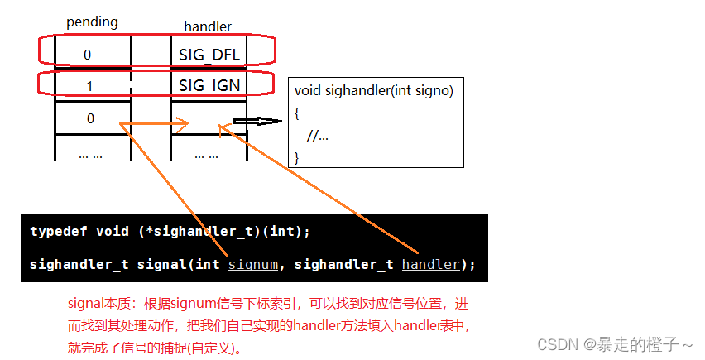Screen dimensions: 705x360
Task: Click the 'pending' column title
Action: tap(92, 22)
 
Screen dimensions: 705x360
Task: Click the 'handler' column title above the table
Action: tap(208, 26)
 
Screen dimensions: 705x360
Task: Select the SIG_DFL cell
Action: tap(209, 55)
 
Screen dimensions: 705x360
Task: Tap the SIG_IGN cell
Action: tap(209, 85)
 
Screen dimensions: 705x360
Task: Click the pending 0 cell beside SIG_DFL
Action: tap(88, 55)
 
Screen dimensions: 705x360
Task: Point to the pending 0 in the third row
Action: tap(90, 118)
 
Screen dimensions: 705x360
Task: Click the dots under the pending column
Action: tap(90, 154)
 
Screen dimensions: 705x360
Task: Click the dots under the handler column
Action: tap(207, 154)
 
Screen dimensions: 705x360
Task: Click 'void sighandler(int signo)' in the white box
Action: tap(374, 91)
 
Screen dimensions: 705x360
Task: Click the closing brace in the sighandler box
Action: tap(297, 156)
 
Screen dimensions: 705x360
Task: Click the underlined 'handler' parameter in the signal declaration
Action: tap(430, 265)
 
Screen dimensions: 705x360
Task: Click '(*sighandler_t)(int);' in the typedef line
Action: tap(223, 232)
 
